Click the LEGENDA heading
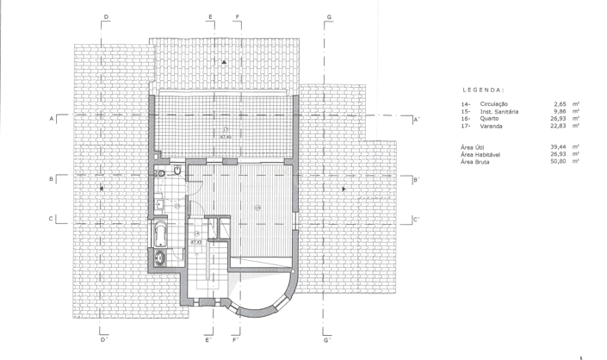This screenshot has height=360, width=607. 483,90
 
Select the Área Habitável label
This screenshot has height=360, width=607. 480,154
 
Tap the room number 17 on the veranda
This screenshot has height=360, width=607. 225,131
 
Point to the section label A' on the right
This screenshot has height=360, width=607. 416,119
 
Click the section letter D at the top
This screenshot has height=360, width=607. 106,17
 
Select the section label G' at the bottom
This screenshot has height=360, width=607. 327,340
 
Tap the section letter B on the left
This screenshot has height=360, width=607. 51,179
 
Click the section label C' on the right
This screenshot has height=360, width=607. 416,219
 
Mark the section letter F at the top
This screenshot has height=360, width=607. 237,17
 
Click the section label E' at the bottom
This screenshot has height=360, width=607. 209,340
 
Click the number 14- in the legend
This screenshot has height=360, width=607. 466,103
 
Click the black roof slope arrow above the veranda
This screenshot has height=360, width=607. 224,63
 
